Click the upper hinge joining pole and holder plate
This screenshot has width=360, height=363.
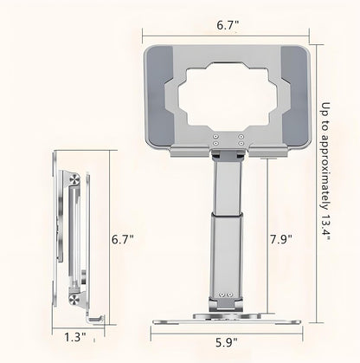pyautogui.click(x=226, y=157)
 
